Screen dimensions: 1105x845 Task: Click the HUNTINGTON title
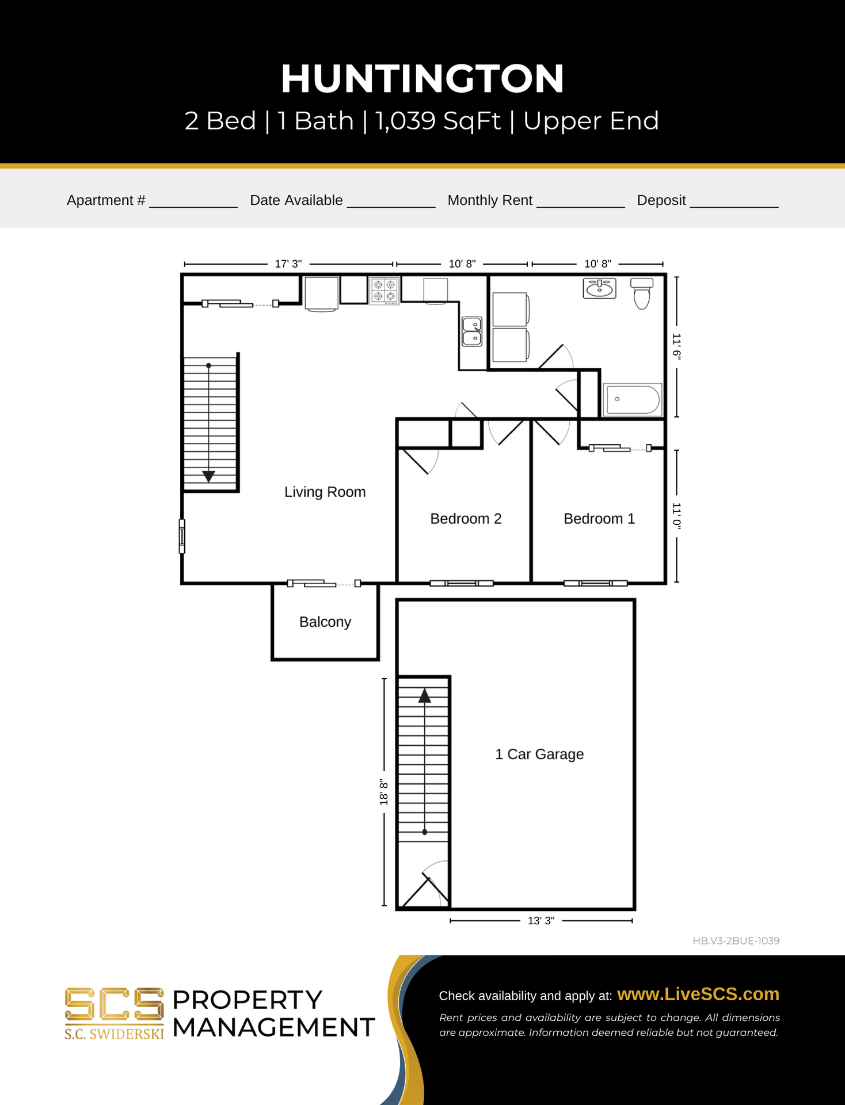(x=422, y=79)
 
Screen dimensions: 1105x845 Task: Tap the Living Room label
(x=325, y=492)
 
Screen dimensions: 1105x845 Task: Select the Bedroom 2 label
(x=466, y=519)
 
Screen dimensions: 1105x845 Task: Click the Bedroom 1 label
(x=599, y=519)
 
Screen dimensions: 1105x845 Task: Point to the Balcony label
(x=325, y=622)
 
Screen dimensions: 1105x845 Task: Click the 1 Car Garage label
(x=539, y=754)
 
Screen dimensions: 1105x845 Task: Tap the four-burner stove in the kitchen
(x=385, y=291)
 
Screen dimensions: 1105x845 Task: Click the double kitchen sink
(x=472, y=331)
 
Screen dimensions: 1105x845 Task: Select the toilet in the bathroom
(x=642, y=294)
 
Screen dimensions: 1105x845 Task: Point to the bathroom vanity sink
(x=599, y=288)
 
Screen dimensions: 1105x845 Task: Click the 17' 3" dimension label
(x=288, y=264)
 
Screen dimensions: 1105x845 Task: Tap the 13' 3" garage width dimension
(x=541, y=921)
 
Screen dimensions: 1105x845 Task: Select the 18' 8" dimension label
(x=384, y=792)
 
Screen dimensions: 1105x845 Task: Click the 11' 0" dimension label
(x=676, y=516)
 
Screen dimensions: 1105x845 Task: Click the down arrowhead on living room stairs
(x=208, y=476)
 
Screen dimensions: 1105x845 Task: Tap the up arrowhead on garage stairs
(x=425, y=696)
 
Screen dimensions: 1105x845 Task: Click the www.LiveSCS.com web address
(x=698, y=995)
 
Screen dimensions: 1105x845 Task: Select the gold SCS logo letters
(x=114, y=1004)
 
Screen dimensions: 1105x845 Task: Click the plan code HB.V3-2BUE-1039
(x=736, y=941)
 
